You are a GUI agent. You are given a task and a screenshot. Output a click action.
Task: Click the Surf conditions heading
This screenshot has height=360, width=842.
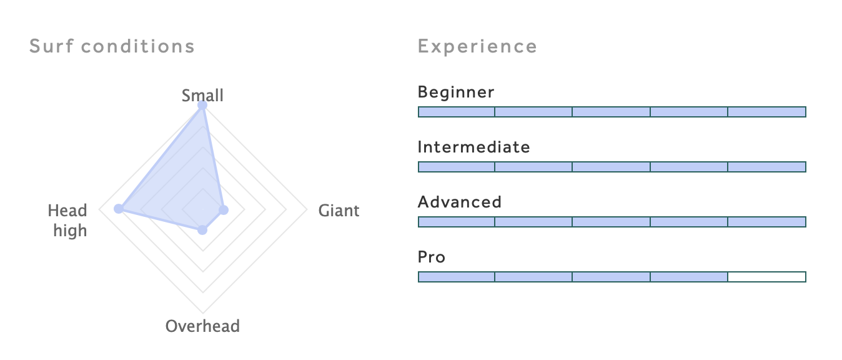(112, 46)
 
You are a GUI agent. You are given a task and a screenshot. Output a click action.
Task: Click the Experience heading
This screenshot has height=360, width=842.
(477, 47)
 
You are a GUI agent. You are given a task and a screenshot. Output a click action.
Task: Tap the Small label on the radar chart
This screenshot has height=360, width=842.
(202, 96)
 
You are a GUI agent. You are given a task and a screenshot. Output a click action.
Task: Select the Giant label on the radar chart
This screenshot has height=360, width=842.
(339, 211)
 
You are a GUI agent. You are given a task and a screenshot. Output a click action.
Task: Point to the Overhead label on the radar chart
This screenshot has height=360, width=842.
(202, 326)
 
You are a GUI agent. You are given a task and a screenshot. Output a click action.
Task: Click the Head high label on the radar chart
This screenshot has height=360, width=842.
(67, 221)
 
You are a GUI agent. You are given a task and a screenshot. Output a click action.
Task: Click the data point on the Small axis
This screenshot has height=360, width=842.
(202, 106)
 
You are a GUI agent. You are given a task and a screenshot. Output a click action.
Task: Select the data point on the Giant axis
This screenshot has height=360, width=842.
(224, 210)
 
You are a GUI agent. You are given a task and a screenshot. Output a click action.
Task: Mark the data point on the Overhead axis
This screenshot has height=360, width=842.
(202, 230)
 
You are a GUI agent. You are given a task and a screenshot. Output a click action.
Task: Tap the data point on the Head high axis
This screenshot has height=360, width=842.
(119, 209)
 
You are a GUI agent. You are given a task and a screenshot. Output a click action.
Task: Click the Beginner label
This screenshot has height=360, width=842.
(456, 92)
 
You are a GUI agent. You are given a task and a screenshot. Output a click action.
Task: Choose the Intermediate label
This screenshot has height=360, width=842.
(473, 147)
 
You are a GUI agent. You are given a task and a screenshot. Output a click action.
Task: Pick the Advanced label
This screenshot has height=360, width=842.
(460, 202)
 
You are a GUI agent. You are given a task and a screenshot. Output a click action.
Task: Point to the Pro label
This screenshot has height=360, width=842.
(432, 257)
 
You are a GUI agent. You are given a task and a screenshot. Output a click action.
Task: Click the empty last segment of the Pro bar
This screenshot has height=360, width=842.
(767, 277)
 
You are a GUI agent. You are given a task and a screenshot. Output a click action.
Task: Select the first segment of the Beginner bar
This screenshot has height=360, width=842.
(457, 112)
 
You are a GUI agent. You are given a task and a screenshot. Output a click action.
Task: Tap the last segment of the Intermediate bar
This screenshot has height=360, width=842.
(767, 167)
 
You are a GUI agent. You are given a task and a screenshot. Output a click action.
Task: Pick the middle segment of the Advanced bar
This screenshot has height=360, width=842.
(612, 222)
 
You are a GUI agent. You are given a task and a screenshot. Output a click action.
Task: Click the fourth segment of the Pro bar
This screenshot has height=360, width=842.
(689, 277)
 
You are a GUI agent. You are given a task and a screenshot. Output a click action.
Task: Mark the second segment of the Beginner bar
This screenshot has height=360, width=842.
(533, 112)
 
